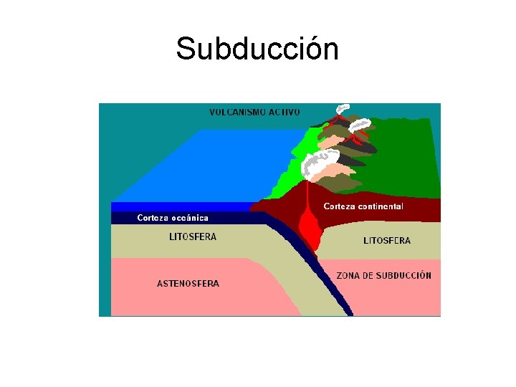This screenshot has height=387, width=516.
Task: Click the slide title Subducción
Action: tap(257, 49)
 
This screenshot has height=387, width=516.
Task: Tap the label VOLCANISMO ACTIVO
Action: tap(254, 112)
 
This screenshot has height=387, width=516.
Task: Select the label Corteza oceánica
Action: tap(173, 218)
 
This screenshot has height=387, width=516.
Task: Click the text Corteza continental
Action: tap(363, 206)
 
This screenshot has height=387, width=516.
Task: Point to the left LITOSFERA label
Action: tap(193, 236)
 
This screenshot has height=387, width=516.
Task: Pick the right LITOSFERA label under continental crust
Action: tap(387, 241)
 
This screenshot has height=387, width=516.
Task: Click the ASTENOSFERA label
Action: tap(188, 283)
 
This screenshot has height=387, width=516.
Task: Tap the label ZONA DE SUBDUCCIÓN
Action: tap(384, 275)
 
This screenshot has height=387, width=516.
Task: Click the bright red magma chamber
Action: tap(309, 228)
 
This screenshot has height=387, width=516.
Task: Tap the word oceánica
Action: tap(189, 218)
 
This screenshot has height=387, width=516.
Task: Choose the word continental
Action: tap(381, 206)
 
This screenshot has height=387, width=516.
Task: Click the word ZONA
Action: tap(348, 275)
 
